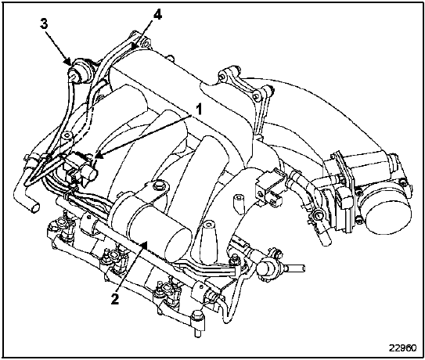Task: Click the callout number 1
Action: [x=199, y=110]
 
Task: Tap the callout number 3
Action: [x=44, y=23]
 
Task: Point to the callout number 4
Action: [x=157, y=15]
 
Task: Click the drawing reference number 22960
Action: [x=402, y=347]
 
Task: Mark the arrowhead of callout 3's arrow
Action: [x=68, y=61]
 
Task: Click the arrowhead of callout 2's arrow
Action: [x=145, y=245]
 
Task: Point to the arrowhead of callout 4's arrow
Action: [x=134, y=45]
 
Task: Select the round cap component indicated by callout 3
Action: [x=79, y=71]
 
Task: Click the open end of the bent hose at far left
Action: [x=34, y=208]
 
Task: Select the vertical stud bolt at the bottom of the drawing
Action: [x=196, y=324]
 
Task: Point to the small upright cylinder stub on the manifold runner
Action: [x=238, y=203]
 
